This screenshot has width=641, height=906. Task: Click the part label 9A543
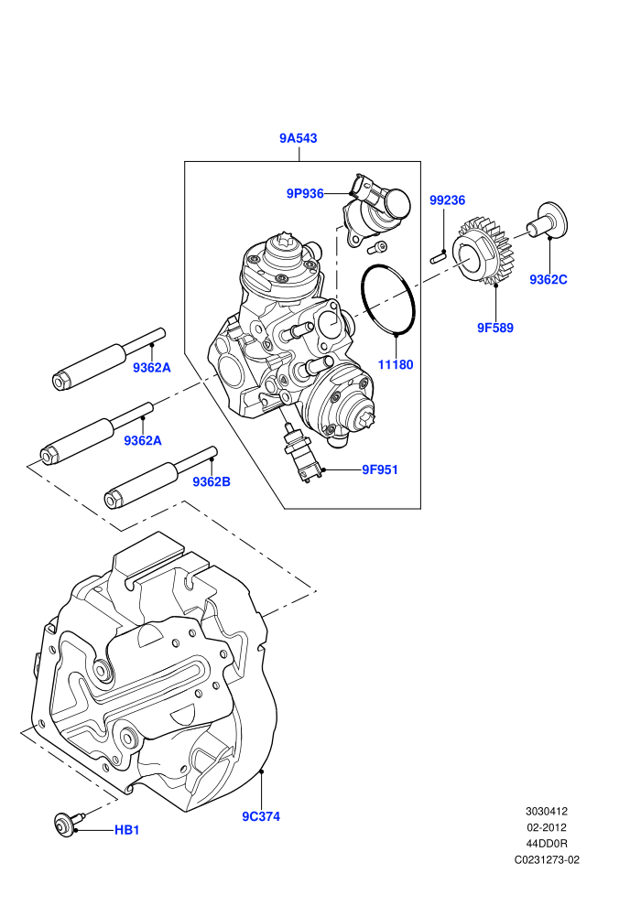(299, 138)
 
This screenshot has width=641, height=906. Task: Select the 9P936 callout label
(305, 194)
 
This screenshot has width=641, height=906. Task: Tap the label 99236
(448, 200)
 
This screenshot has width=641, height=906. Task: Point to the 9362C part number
(549, 280)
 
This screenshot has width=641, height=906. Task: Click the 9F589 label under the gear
(495, 328)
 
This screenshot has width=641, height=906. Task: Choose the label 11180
(396, 364)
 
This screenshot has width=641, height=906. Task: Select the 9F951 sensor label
(380, 469)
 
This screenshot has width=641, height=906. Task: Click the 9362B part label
(212, 481)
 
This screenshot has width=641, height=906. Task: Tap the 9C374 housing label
(261, 816)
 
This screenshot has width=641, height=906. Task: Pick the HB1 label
(127, 830)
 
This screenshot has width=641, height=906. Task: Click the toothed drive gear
(481, 252)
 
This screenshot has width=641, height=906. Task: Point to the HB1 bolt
(67, 823)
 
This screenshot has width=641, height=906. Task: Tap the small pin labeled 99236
(437, 256)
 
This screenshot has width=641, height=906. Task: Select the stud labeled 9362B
(160, 478)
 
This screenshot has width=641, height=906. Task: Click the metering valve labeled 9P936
(376, 210)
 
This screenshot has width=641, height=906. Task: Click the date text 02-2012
(546, 827)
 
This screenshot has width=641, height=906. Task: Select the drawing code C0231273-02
(547, 859)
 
